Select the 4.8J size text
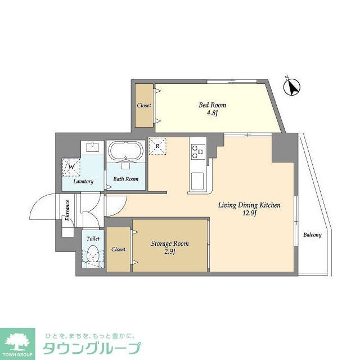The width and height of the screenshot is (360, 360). pyautogui.click(x=208, y=114)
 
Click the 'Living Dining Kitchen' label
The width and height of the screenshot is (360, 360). pyautogui.click(x=249, y=205)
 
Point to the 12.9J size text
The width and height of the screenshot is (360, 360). pyautogui.click(x=249, y=214)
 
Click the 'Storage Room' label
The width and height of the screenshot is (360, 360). pyautogui.click(x=169, y=244)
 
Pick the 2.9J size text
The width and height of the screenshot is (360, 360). pyautogui.click(x=169, y=251)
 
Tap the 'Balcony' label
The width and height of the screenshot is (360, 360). pyautogui.click(x=312, y=235)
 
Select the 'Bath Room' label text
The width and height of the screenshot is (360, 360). pyautogui.click(x=125, y=180)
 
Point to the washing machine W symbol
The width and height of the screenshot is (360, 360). pyautogui.click(x=71, y=166)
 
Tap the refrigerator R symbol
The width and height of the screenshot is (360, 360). pyautogui.click(x=158, y=146)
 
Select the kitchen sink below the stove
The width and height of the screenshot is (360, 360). pyautogui.click(x=197, y=182)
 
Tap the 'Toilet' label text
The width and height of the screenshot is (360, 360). pyautogui.click(x=93, y=238)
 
